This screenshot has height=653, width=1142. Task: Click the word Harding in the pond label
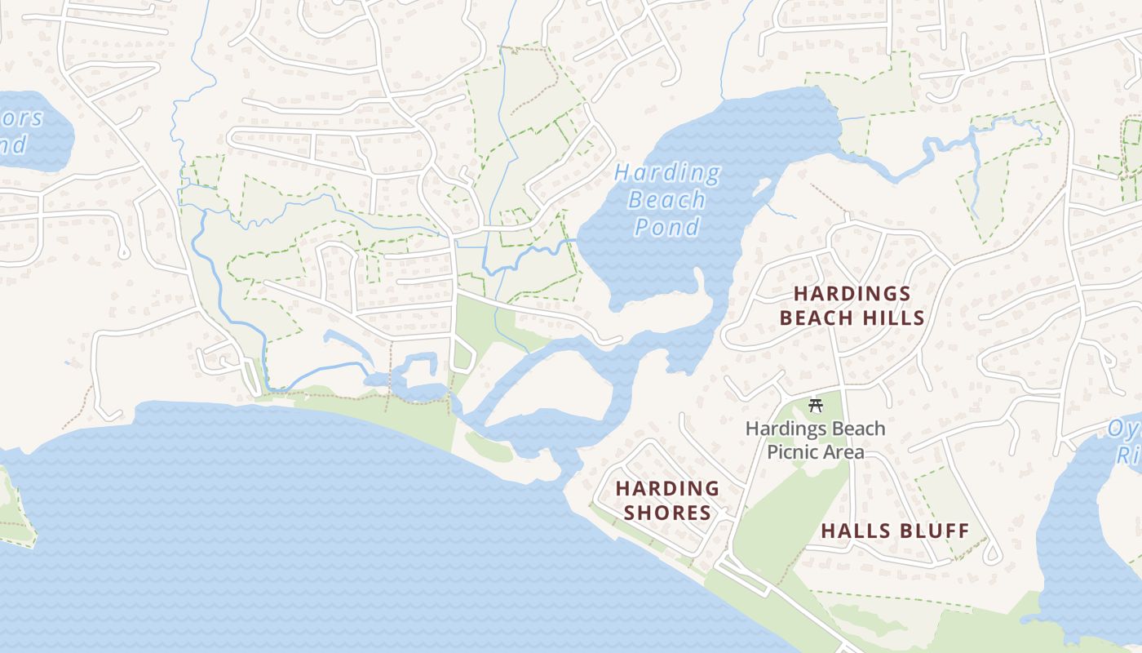pyautogui.click(x=666, y=174)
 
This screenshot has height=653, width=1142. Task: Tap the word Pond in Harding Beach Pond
pyautogui.click(x=667, y=226)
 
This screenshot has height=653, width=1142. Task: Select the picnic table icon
pyautogui.click(x=815, y=405)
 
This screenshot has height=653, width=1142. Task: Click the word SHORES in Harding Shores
pyautogui.click(x=667, y=513)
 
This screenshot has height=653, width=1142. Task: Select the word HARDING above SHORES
pyautogui.click(x=667, y=489)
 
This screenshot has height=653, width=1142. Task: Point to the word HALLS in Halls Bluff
pyautogui.click(x=852, y=531)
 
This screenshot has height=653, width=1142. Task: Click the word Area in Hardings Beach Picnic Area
pyautogui.click(x=844, y=452)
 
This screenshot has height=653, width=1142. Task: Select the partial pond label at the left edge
pyautogui.click(x=20, y=131)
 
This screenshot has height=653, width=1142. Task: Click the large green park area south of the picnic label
pyautogui.click(x=783, y=522)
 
